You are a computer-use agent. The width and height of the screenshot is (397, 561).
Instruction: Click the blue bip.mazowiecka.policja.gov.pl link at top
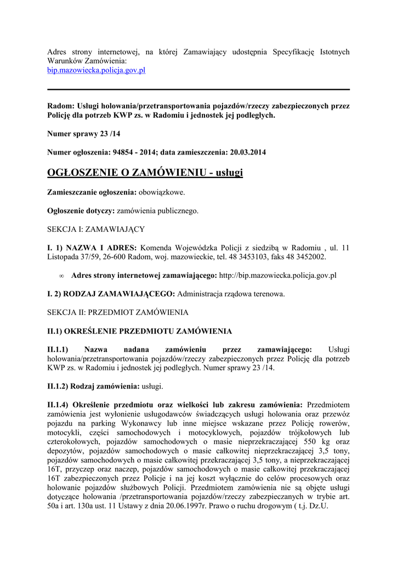(96, 71)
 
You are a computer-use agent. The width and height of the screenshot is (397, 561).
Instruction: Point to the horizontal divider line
(198, 89)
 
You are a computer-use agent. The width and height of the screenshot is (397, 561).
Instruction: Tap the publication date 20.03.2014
(247, 152)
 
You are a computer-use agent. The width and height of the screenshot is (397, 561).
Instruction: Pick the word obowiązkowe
(162, 192)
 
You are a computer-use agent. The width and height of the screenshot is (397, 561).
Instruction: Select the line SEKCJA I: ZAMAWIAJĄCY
(96, 229)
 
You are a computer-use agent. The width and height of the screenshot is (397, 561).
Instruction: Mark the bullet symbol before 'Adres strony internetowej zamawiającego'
(61, 276)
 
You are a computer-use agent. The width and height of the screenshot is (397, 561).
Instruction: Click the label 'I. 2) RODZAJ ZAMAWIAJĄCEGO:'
(111, 294)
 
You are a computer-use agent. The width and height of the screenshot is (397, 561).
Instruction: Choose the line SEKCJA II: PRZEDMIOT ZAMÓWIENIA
(118, 312)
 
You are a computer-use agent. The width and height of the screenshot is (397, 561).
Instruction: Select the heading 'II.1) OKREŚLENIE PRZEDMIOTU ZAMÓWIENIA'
(140, 331)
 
